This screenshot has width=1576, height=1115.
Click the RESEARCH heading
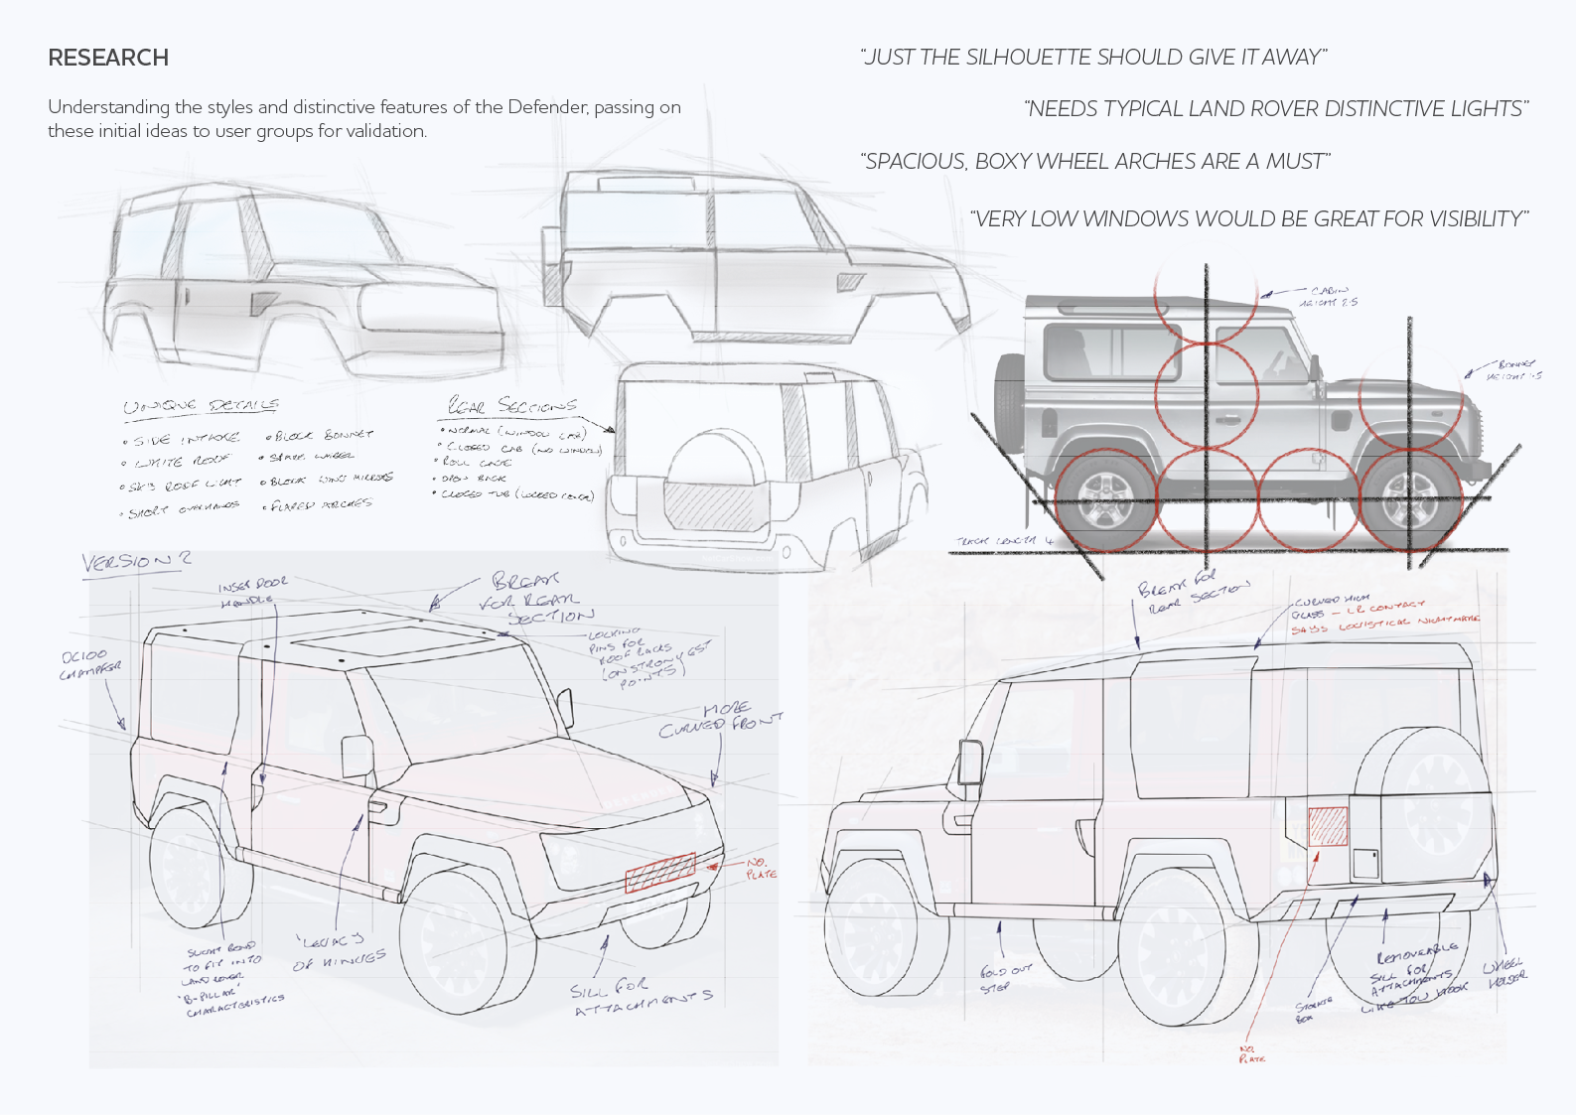click(x=108, y=58)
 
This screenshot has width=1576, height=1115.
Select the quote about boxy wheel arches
click(x=1095, y=161)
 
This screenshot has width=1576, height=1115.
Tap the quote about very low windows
click(x=1249, y=218)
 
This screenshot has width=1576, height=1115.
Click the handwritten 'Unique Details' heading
click(x=201, y=406)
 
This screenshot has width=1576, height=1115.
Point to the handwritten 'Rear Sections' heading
click(x=512, y=405)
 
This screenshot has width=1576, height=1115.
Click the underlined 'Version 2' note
click(x=136, y=561)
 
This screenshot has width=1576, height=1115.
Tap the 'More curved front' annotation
click(x=720, y=719)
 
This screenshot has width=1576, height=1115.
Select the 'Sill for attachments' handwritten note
click(x=641, y=998)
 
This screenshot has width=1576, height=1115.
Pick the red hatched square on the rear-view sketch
click(x=1328, y=826)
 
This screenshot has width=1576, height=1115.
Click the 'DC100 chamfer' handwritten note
click(x=90, y=664)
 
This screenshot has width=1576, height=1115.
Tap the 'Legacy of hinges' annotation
click(x=338, y=951)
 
